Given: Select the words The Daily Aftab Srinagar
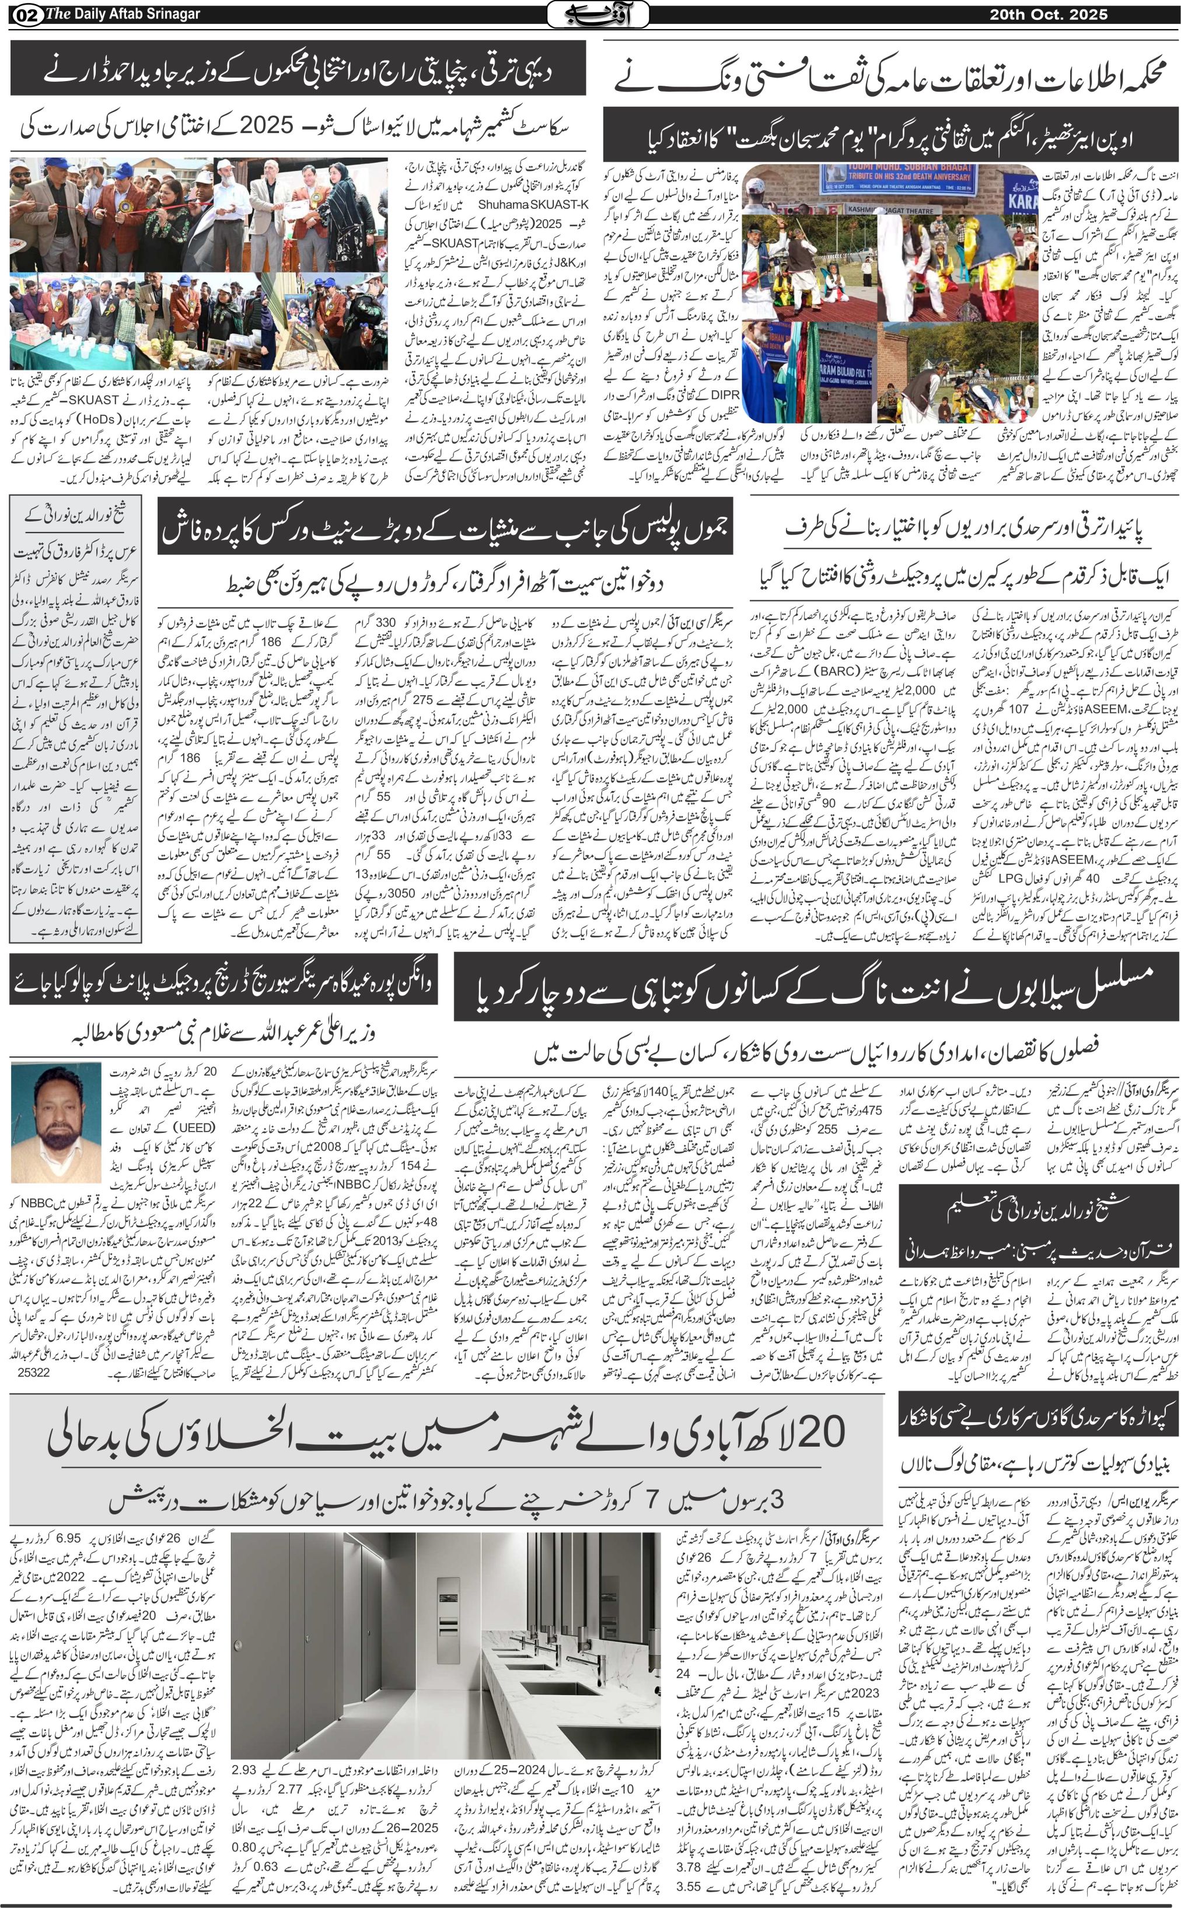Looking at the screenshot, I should (124, 14).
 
